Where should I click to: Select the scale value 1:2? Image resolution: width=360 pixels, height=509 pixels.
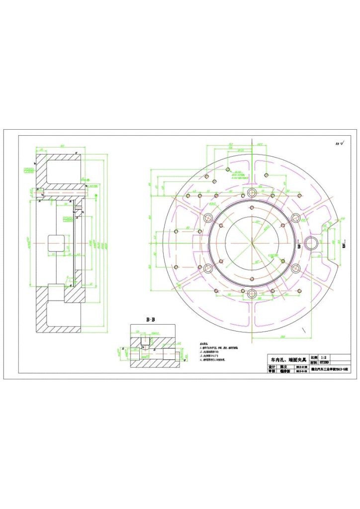coord(324,357)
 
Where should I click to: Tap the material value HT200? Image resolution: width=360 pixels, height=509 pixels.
coord(324,363)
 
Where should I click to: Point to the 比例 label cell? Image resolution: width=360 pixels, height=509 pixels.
coord(313,357)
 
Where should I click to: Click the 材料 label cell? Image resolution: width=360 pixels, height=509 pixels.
coord(313,363)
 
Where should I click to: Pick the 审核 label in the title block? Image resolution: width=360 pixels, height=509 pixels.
coord(271,371)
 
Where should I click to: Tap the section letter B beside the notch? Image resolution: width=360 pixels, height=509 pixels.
coord(344,246)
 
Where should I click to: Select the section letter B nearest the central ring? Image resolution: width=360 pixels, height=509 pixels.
coord(299,246)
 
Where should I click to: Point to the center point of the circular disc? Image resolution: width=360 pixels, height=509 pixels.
coord(252,243)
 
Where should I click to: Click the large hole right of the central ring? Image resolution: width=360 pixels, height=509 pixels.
coord(312,243)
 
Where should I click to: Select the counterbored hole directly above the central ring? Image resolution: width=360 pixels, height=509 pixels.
coord(252,192)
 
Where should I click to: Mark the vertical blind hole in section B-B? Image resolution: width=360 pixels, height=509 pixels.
coord(145,341)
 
